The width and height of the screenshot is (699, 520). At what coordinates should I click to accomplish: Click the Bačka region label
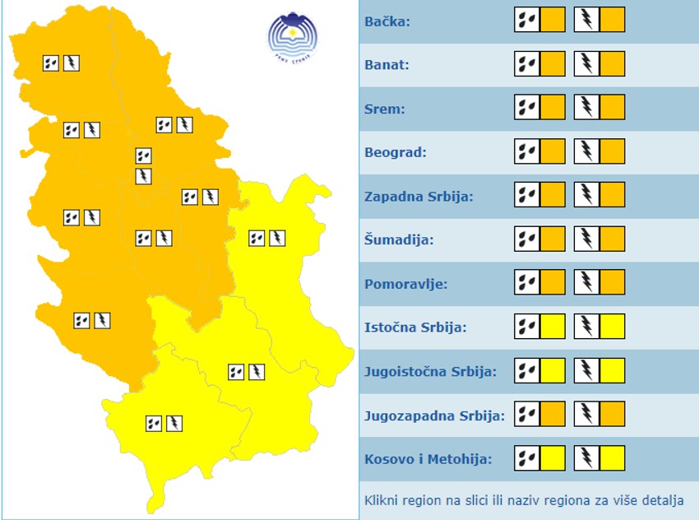coord(387,21)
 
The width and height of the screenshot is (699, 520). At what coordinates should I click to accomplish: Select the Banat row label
coord(387,65)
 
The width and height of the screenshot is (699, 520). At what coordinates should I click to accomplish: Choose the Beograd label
coord(391,153)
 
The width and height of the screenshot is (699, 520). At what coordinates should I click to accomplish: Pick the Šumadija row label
coord(399,240)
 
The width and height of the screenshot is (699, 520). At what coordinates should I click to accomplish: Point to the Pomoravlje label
coord(405,285)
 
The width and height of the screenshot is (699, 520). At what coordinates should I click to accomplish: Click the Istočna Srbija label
coord(415,327)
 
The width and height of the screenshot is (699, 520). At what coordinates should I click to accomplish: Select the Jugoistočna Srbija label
coord(430,371)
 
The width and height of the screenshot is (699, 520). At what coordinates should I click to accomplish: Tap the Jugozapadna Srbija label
coord(433,416)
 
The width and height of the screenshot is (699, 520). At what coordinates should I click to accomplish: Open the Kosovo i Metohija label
coord(428,458)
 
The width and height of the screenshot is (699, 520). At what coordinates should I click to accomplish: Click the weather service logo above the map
coord(292,36)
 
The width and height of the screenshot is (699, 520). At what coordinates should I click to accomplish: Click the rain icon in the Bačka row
coord(526,20)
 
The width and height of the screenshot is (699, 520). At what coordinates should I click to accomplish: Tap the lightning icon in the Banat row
coord(587,63)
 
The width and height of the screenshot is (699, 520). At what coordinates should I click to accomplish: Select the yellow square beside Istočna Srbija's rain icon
coord(553,327)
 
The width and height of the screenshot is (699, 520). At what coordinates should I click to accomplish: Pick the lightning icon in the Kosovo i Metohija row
coord(587,457)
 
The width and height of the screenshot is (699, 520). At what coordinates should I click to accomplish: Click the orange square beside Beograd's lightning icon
coord(613,151)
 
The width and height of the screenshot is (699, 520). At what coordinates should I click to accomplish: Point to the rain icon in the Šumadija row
coord(526,239)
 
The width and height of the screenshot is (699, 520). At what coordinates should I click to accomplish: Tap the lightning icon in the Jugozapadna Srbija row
coord(587,414)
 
